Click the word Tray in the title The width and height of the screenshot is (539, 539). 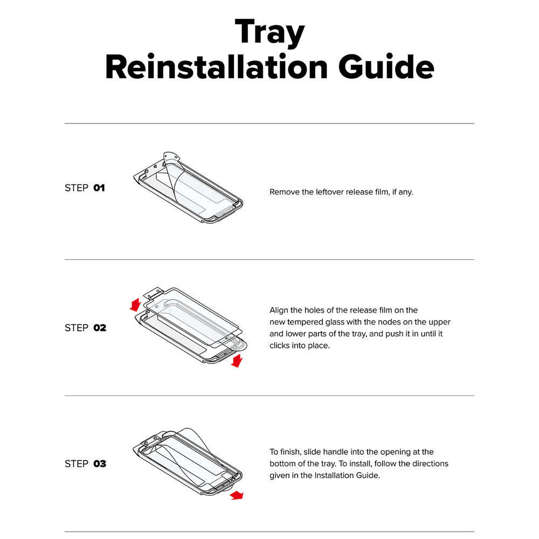[x=270, y=33]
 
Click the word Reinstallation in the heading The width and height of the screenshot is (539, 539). [x=217, y=67]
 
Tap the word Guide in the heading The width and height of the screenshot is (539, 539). [x=386, y=67]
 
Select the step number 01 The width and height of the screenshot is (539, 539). [x=99, y=188]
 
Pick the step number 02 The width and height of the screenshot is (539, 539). [x=100, y=328]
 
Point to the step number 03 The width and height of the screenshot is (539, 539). [x=100, y=464]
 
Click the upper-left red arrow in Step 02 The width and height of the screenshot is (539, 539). [x=136, y=305]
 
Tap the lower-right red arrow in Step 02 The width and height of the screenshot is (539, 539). [x=237, y=361]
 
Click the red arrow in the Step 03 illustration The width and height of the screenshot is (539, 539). [x=237, y=495]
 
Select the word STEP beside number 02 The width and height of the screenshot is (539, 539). [x=77, y=328]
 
